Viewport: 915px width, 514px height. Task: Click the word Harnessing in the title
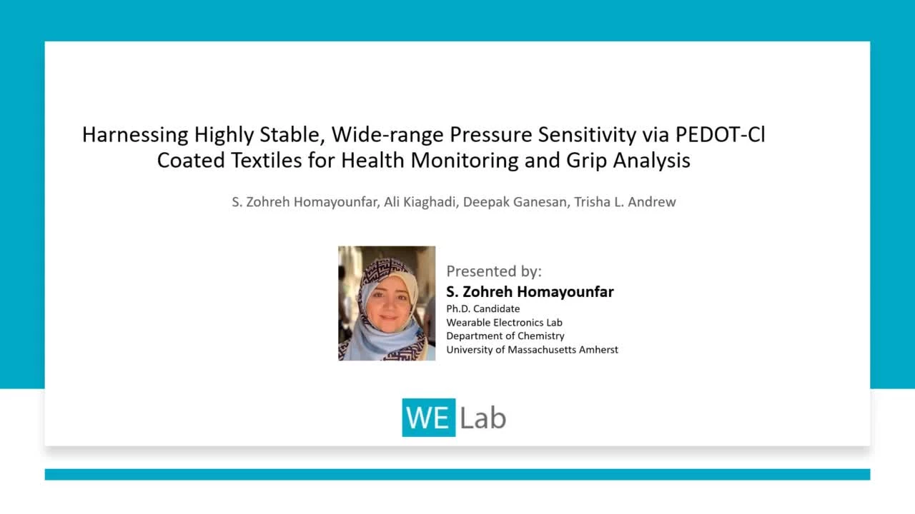click(x=135, y=136)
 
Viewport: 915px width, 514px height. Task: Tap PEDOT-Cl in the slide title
click(x=720, y=134)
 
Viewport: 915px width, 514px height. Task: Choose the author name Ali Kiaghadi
click(x=420, y=202)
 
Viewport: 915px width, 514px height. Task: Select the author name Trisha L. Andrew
click(x=625, y=202)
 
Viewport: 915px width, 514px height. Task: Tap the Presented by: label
click(x=494, y=271)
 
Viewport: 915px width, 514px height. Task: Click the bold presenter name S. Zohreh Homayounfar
click(x=530, y=292)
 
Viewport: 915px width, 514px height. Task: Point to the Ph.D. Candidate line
click(x=483, y=309)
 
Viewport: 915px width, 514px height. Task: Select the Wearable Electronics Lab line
click(x=504, y=322)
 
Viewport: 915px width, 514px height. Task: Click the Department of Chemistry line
click(x=505, y=336)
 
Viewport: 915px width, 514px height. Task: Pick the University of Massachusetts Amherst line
click(x=532, y=350)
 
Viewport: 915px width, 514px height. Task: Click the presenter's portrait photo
click(x=387, y=303)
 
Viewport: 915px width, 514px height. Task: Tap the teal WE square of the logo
click(x=428, y=418)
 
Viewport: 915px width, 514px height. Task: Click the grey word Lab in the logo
click(x=483, y=418)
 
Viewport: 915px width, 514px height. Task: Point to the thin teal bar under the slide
click(x=457, y=475)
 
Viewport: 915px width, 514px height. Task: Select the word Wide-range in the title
click(x=387, y=136)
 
